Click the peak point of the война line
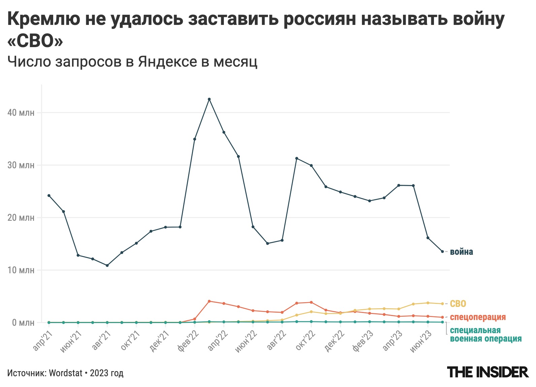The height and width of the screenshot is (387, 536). coord(209,99)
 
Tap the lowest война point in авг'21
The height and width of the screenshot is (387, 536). coord(107,266)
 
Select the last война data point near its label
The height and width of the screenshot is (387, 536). coord(442,251)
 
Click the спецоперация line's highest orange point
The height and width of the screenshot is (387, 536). coord(209,301)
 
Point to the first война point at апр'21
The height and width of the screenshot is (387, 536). coord(49,196)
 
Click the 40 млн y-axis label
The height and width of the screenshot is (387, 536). coord(21,113)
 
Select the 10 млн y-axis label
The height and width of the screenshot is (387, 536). coord(21,270)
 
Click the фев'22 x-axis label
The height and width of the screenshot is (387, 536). coord(188,341)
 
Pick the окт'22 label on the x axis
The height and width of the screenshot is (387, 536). coord(305,340)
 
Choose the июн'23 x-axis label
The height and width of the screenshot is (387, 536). coord(421,341)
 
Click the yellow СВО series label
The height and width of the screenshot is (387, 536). coord(458,304)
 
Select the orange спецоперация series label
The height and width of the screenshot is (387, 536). coord(478,317)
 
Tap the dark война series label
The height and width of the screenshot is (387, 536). coord(461,252)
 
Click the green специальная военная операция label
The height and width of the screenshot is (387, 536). coord(485,335)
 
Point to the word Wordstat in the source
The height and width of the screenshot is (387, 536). coord(66,373)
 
